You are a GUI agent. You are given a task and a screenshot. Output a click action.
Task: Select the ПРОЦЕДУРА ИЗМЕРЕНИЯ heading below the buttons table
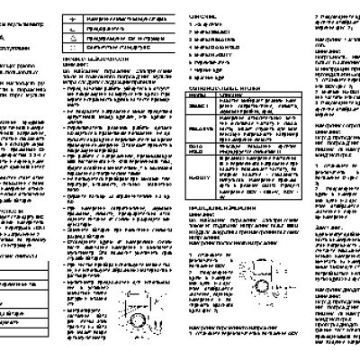tap(226, 232)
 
